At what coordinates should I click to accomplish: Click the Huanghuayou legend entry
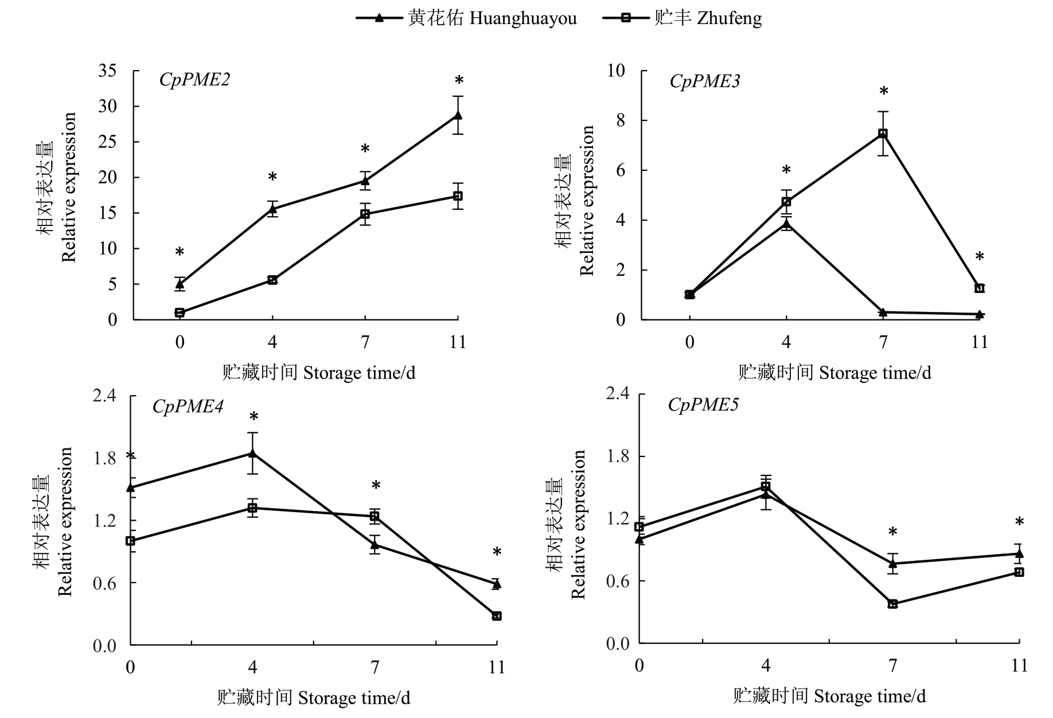[x=466, y=18]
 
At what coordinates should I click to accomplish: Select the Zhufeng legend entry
[x=682, y=18]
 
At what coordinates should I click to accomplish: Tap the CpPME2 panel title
[x=194, y=80]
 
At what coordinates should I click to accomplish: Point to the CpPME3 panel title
[x=704, y=81]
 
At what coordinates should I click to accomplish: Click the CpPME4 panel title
[x=188, y=407]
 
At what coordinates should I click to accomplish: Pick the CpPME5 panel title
[x=703, y=405]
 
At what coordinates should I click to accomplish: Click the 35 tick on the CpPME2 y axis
[x=108, y=71]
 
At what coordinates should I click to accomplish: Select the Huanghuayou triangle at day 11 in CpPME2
[x=458, y=115]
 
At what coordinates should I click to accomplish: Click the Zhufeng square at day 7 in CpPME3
[x=883, y=133]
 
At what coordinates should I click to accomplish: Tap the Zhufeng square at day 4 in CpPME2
[x=272, y=280]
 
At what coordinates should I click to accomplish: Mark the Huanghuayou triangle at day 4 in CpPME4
[x=252, y=454]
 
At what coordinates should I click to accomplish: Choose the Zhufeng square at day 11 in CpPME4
[x=497, y=616]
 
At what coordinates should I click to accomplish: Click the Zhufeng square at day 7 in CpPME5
[x=892, y=604]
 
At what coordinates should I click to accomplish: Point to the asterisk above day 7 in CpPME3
[x=884, y=92]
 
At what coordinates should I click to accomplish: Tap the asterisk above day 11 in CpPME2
[x=459, y=81]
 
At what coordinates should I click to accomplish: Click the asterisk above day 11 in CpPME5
[x=1019, y=522]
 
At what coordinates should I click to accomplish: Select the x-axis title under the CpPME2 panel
[x=318, y=373]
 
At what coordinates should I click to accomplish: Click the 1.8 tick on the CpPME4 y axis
[x=104, y=458]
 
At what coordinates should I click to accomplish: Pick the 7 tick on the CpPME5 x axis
[x=892, y=665]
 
